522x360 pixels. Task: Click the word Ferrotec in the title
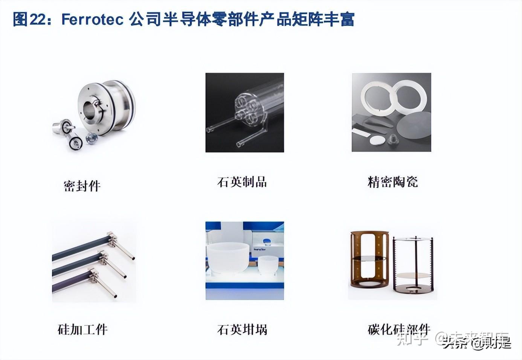click(92, 19)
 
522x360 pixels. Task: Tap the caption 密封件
click(82, 186)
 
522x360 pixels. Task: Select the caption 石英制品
click(242, 182)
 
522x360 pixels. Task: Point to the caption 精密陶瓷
click(392, 182)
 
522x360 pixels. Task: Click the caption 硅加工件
click(82, 329)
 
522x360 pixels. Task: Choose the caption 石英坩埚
click(242, 330)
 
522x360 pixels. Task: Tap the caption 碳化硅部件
click(398, 329)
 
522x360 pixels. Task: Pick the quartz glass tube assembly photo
click(244, 113)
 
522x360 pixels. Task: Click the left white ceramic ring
click(377, 97)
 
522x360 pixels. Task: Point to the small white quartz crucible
click(268, 264)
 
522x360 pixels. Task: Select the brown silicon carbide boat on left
click(369, 260)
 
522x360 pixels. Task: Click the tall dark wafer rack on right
click(413, 265)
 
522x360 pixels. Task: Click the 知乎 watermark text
click(412, 339)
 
